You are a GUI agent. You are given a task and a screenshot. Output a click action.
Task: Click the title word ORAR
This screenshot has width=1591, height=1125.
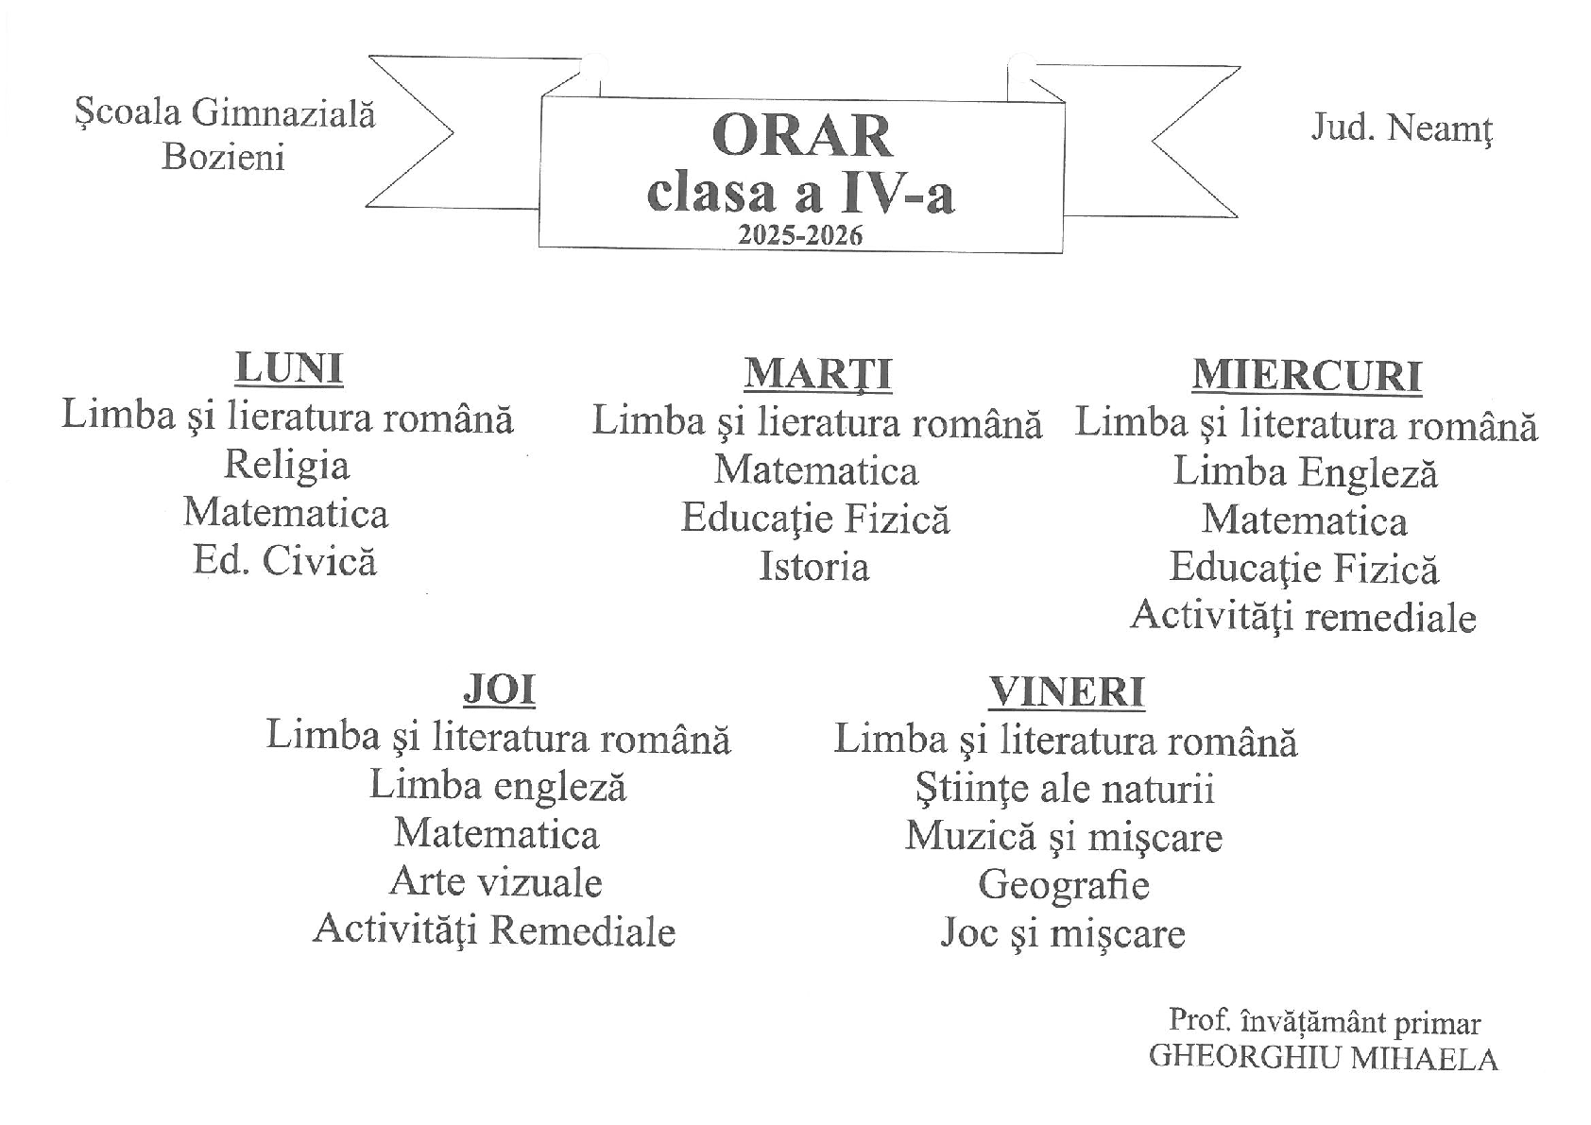[x=801, y=136]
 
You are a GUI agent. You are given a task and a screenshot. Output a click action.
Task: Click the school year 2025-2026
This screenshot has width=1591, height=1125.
[x=800, y=235]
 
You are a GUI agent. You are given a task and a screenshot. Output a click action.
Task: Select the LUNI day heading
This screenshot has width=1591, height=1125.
[x=288, y=368]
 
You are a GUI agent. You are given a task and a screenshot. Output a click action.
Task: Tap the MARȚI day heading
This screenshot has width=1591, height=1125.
[x=817, y=374]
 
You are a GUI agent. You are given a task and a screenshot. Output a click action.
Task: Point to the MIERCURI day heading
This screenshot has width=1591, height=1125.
[x=1307, y=375]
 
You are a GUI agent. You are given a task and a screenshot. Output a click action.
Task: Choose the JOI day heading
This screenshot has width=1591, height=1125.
[x=499, y=690]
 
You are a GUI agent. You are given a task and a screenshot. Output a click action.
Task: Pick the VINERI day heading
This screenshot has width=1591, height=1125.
[x=1067, y=692]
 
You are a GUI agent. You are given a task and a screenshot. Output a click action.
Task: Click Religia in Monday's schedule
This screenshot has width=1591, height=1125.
[x=286, y=465]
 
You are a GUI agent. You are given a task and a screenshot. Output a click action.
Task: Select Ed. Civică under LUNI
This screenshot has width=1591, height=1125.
[x=285, y=561]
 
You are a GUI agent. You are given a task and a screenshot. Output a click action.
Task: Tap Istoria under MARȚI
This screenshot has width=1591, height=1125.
[x=814, y=567]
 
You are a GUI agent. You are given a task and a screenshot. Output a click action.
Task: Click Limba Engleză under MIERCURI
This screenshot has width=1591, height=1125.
[x=1305, y=472]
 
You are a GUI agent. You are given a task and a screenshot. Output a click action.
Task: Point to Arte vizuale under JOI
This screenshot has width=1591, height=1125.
[x=496, y=882]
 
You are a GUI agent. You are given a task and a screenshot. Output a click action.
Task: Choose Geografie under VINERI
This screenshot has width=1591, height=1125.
[x=1064, y=885]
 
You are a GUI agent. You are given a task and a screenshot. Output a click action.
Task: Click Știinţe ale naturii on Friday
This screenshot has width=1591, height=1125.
[x=1065, y=789]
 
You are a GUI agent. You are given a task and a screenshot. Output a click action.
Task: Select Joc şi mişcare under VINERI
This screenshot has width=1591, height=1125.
[x=1063, y=933]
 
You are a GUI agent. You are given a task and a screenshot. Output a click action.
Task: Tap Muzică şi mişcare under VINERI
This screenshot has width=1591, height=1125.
[x=1064, y=837]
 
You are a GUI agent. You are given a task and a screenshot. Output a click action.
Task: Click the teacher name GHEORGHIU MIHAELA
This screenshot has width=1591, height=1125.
[x=1323, y=1058]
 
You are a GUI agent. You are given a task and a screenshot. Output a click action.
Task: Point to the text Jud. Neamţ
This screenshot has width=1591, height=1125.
[x=1401, y=128]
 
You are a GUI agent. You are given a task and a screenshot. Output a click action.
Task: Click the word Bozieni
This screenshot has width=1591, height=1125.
[x=223, y=157]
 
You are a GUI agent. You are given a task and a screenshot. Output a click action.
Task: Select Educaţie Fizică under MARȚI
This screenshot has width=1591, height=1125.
[x=815, y=519]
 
